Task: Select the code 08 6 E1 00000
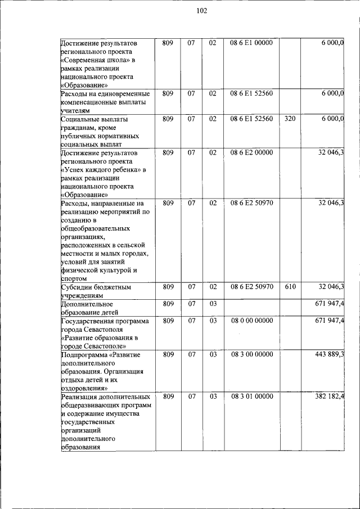[x=251, y=43]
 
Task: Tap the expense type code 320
[x=290, y=119]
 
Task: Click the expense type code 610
[x=290, y=287]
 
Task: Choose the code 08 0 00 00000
[x=251, y=321]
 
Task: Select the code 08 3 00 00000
[x=251, y=354]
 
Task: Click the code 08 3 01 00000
[x=251, y=397]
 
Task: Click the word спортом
[x=74, y=278]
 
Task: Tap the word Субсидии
[x=77, y=287]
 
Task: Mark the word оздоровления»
[x=84, y=388]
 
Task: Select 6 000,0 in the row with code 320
[x=332, y=119]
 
